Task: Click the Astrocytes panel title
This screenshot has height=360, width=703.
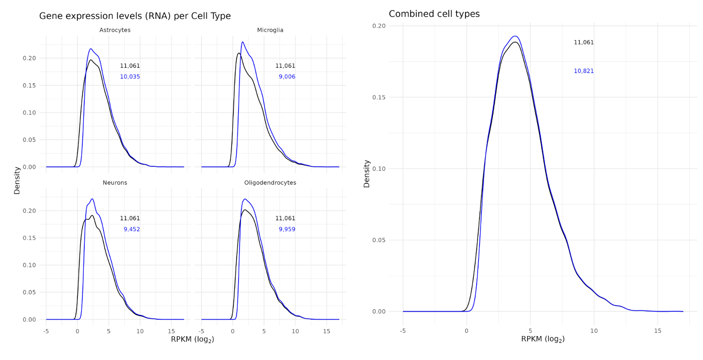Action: click(x=115, y=30)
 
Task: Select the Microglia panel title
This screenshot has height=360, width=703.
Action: click(x=270, y=30)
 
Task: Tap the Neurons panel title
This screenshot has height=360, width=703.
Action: click(x=115, y=183)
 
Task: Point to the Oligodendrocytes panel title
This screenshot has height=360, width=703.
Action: click(x=270, y=183)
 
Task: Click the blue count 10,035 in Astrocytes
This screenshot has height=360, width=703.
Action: click(x=130, y=77)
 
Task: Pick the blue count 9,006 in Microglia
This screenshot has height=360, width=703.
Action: click(x=287, y=77)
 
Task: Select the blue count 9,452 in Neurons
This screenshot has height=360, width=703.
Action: click(x=132, y=230)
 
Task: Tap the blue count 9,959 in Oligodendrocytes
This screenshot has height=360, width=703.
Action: click(x=287, y=230)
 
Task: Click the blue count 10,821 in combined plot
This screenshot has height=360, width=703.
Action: click(x=583, y=71)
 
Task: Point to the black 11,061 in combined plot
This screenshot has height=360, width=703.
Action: click(x=583, y=43)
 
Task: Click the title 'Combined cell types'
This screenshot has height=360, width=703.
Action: click(x=434, y=14)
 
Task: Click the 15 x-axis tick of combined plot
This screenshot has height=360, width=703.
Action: click(x=658, y=330)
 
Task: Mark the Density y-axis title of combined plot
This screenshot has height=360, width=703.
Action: click(x=366, y=173)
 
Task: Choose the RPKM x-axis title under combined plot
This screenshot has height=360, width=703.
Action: click(x=542, y=339)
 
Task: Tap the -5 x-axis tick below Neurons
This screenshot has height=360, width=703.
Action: click(x=46, y=330)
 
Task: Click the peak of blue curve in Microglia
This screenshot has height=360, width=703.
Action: click(x=242, y=42)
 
